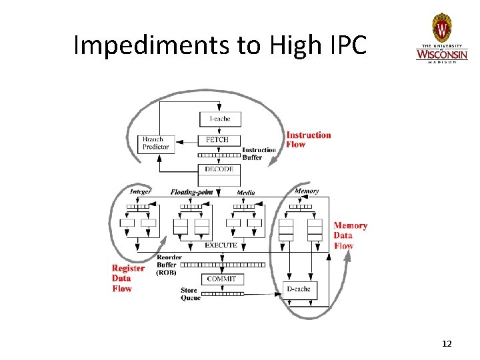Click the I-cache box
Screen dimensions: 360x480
pyautogui.click(x=220, y=119)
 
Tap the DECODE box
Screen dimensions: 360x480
pyautogui.click(x=219, y=170)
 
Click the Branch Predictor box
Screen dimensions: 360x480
pyautogui.click(x=156, y=143)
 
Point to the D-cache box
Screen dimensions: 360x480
pyautogui.click(x=298, y=289)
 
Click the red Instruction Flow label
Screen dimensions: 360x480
pyautogui.click(x=308, y=139)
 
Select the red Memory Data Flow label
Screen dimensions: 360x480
pyautogui.click(x=350, y=235)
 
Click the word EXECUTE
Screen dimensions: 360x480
pyautogui.click(x=221, y=245)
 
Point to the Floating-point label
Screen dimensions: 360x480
pyautogui.click(x=191, y=192)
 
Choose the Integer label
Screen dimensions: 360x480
pyautogui.click(x=140, y=192)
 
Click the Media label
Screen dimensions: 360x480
pyautogui.click(x=245, y=193)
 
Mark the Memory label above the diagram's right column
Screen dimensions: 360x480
pyautogui.click(x=307, y=191)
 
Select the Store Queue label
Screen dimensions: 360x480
pyautogui.click(x=190, y=294)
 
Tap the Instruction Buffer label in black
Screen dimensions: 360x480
pyautogui.click(x=259, y=153)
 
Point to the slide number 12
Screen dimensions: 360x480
pyautogui.click(x=447, y=344)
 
